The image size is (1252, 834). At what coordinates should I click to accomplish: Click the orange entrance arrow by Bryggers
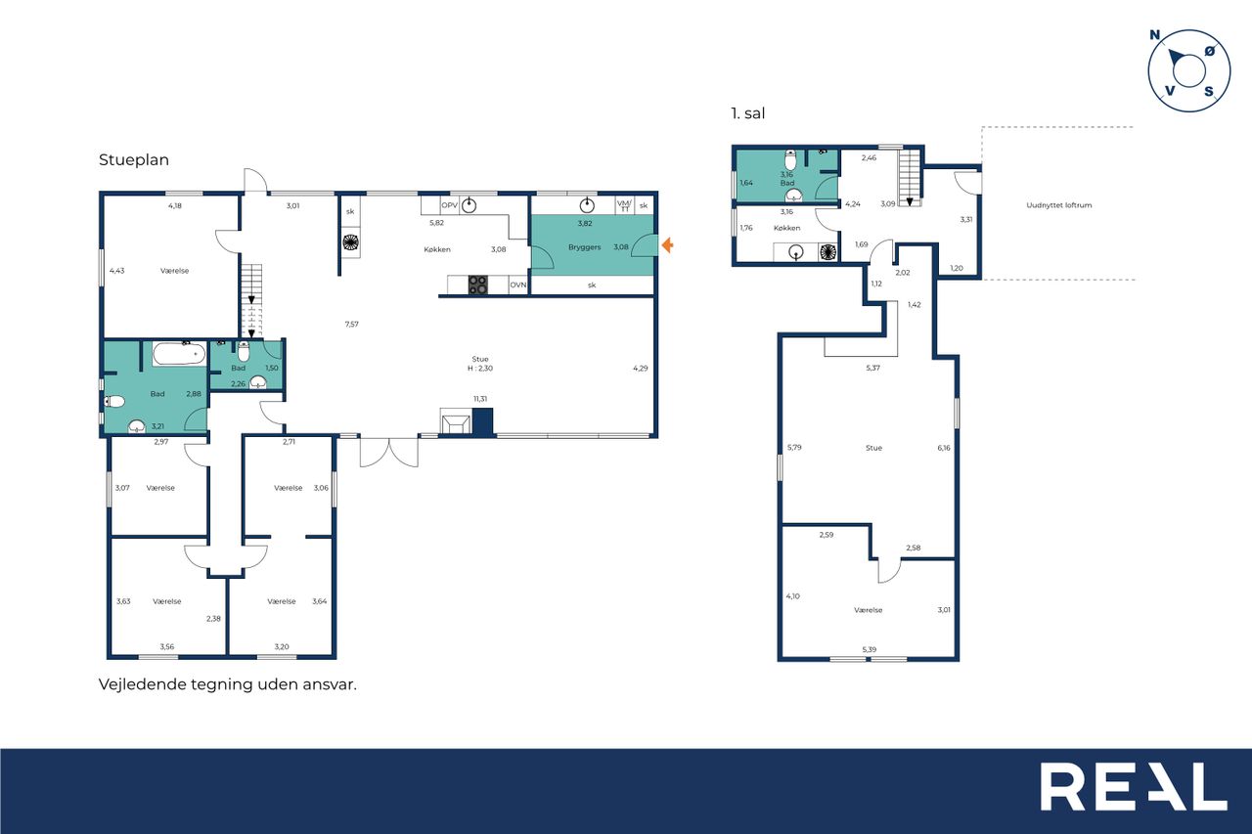click(667, 244)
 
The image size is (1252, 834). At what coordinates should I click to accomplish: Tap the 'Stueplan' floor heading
click(134, 159)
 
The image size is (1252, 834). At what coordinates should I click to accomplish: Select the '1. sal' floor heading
click(748, 113)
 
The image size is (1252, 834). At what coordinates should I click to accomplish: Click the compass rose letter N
click(1155, 35)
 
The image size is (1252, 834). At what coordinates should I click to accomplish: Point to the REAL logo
click(1134, 786)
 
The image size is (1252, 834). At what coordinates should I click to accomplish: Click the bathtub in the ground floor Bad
click(179, 354)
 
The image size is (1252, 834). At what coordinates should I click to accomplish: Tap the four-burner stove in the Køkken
click(477, 285)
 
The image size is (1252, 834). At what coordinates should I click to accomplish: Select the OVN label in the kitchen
click(518, 285)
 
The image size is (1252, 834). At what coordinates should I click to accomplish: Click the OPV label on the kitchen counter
click(449, 205)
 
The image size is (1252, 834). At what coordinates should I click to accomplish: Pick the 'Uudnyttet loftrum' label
click(1058, 205)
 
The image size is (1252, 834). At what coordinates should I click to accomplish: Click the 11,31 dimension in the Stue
click(480, 399)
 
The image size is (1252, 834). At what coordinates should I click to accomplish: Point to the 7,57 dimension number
click(351, 324)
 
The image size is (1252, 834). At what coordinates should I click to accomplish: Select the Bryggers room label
click(585, 247)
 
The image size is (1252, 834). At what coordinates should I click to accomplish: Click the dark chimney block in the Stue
click(482, 421)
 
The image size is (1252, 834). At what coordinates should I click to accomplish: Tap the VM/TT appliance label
click(624, 205)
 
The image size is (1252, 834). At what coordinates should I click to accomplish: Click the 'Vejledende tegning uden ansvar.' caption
click(228, 684)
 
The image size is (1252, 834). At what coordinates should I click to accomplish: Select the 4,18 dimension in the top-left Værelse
click(175, 205)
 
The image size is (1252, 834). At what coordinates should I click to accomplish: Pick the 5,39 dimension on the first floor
click(870, 649)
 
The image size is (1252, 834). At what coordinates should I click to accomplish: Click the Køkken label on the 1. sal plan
click(787, 228)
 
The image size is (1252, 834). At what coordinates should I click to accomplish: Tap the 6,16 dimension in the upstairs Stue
click(944, 448)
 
